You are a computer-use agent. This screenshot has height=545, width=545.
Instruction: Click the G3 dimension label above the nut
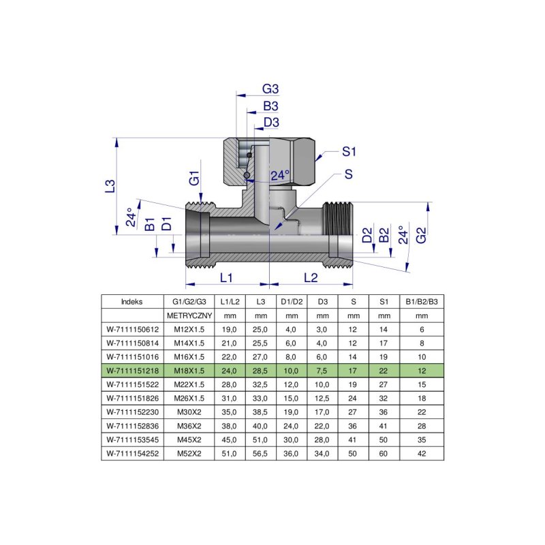coord(271,90)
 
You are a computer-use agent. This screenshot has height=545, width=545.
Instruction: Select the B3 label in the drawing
coord(271,106)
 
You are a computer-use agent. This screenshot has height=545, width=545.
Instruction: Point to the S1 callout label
coord(349,151)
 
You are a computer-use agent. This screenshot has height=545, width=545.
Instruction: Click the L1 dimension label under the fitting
coord(227,278)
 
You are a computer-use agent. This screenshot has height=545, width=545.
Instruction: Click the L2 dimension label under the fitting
coord(311,278)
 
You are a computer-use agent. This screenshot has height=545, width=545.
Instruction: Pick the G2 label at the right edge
coord(422,236)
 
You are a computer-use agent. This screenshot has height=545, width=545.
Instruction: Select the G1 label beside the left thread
coord(194,179)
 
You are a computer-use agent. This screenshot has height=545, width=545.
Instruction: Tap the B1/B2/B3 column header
coord(422,302)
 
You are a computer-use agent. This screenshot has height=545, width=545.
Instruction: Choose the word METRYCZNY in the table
coord(190,316)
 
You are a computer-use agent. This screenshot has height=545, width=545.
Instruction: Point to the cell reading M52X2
coord(190,452)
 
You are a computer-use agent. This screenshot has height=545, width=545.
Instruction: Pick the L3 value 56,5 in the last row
coord(261,452)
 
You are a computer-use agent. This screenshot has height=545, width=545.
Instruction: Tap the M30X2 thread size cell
coord(190,412)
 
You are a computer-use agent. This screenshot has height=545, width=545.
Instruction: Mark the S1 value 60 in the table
coord(384,452)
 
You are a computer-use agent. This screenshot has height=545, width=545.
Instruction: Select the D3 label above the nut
coord(271,122)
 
